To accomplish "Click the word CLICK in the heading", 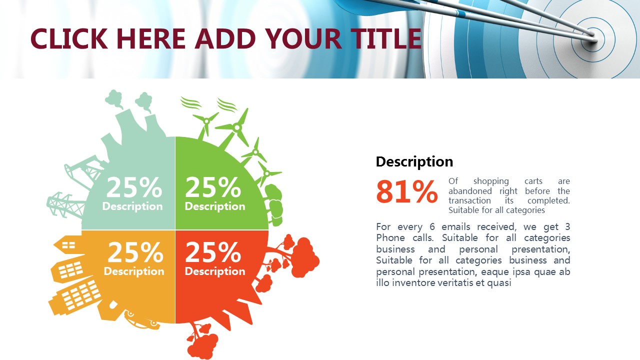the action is [69, 38].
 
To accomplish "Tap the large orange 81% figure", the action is [407, 191].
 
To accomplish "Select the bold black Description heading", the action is [414, 161].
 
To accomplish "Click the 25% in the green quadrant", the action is [213, 187].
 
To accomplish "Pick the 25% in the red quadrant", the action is [213, 252].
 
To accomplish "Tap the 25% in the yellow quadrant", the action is [135, 252].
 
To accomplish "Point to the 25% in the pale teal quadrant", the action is [134, 187].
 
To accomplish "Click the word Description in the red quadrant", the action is [215, 271].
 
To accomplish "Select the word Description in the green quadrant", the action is [215, 206].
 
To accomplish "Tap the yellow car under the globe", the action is [142, 320].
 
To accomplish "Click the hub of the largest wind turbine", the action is [236, 128].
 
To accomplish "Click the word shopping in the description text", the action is [491, 181].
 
